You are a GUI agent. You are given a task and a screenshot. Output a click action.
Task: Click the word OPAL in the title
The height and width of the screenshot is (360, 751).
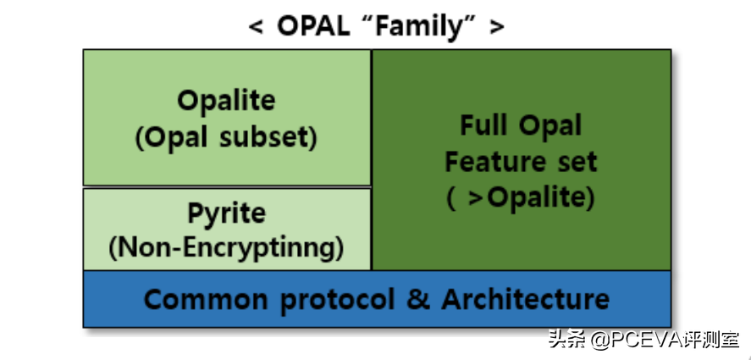coord(313,27)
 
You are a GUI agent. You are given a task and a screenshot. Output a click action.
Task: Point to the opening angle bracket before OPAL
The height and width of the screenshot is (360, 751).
coord(256,27)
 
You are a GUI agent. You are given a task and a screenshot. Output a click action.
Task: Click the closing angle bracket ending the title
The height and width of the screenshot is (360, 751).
coord(497,27)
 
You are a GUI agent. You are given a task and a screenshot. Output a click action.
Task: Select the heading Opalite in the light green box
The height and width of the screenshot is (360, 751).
coord(227,101)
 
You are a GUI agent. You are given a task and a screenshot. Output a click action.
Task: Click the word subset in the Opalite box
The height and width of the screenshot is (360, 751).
coord(264,138)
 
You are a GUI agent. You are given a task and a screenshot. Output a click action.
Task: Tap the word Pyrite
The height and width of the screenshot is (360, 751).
coord(226,214)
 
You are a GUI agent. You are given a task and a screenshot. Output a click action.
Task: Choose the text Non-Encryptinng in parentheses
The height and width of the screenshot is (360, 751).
coord(227,248)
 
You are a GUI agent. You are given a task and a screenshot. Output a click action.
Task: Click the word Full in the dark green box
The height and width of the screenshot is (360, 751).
coord(483,125)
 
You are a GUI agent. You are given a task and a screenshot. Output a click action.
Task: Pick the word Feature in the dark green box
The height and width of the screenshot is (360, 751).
coord(495,162)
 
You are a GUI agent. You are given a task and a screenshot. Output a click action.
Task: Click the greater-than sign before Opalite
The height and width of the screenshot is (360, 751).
coord(475,198)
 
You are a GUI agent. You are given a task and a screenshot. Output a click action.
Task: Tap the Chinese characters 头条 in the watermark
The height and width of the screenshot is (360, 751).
coord(567,340)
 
